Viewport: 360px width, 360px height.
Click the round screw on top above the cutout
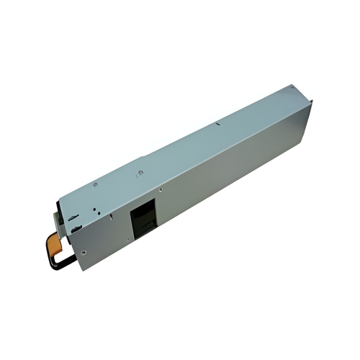tap(140, 173)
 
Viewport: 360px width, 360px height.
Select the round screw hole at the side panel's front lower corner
tap(84, 253)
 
